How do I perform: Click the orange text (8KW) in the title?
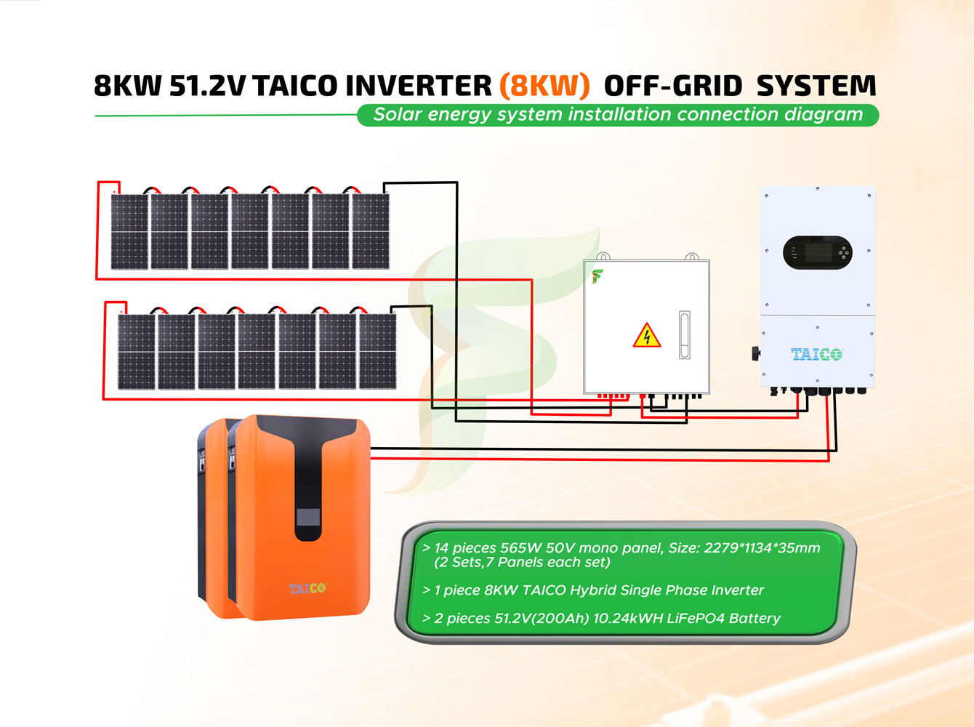(544, 86)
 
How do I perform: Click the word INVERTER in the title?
(419, 86)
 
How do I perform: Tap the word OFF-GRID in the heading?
(673, 86)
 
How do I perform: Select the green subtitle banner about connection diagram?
(618, 115)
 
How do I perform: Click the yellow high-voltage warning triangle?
(646, 336)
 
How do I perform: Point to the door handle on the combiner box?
(684, 334)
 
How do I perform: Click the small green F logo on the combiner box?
(597, 276)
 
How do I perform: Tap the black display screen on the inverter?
(818, 253)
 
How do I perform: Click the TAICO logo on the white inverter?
(816, 354)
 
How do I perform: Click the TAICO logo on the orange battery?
(307, 587)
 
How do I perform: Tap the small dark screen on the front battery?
(307, 518)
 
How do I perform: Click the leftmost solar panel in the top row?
(129, 231)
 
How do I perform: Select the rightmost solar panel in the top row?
(371, 231)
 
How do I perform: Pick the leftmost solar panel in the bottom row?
(137, 351)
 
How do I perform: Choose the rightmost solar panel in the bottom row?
(378, 351)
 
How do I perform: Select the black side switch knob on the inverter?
(756, 353)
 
